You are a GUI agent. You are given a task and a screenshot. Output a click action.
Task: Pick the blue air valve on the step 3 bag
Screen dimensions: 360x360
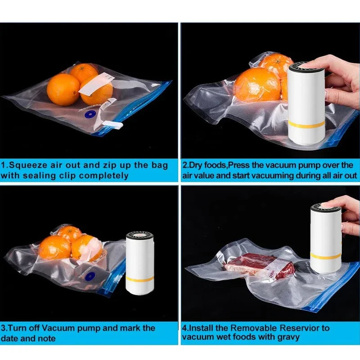90,275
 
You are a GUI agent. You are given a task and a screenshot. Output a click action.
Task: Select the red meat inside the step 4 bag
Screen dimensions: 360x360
245,263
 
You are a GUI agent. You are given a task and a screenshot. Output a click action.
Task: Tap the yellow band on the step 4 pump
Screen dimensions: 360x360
325,256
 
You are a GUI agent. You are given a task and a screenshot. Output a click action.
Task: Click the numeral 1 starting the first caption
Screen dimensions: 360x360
4,165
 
